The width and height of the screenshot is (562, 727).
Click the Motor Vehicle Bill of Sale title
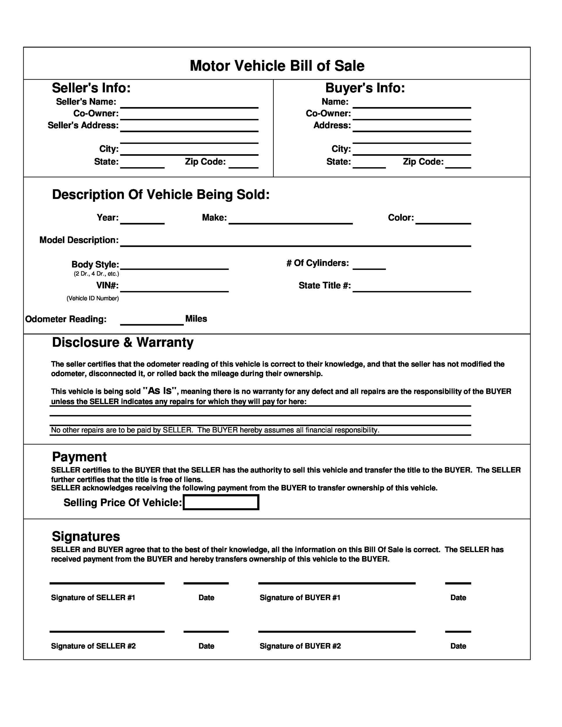pos(277,66)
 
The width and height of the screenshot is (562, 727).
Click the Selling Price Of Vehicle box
pos(221,502)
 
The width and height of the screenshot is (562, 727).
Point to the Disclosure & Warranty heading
pos(122,342)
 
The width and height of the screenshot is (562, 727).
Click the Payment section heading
pos(79,457)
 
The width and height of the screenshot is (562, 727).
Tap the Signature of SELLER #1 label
pos(93,598)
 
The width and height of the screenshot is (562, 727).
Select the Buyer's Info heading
pos(365,88)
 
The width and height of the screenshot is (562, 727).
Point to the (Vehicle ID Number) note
pos(93,298)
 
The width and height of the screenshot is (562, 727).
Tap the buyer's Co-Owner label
pos(328,113)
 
